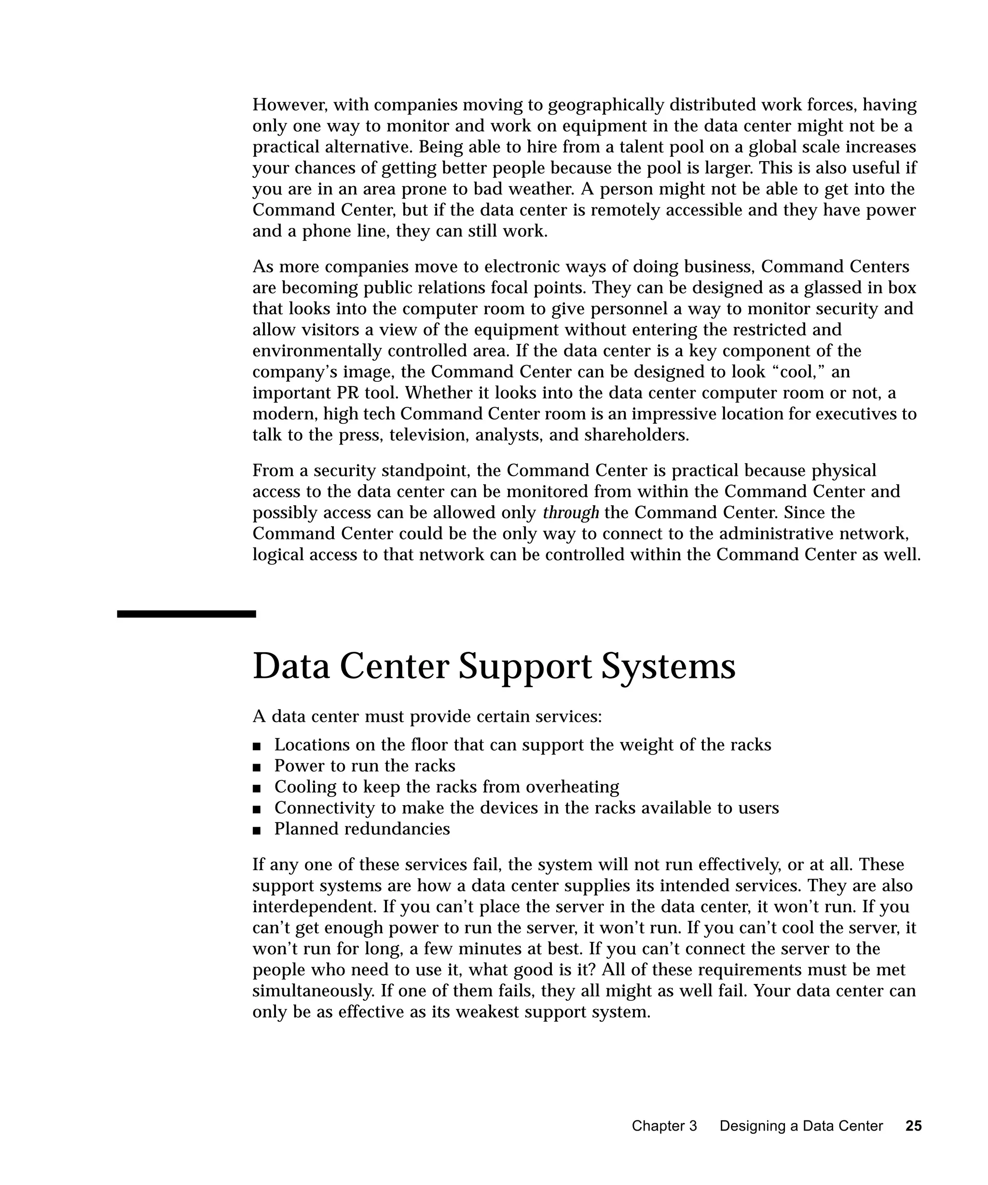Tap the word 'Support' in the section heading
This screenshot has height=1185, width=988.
pyautogui.click(x=524, y=668)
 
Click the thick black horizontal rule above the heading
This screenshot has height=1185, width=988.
pyautogui.click(x=186, y=614)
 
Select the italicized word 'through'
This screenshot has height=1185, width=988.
pyautogui.click(x=570, y=513)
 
